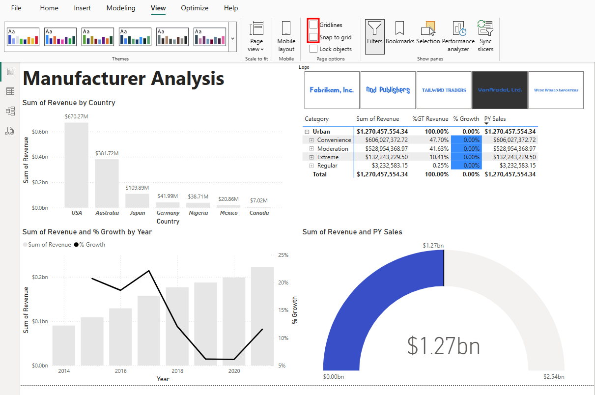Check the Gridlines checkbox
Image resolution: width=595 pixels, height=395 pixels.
click(x=313, y=25)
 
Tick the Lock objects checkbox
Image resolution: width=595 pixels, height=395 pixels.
click(x=313, y=49)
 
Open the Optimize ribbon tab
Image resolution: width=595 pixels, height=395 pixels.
click(x=195, y=8)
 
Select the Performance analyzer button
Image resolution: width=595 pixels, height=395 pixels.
click(x=458, y=36)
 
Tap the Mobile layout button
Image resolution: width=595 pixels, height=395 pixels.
click(x=286, y=36)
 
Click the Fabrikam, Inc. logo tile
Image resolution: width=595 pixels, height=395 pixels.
click(x=332, y=90)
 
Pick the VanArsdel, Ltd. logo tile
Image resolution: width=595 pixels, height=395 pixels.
click(x=500, y=90)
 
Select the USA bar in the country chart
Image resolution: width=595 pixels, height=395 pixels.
click(x=77, y=165)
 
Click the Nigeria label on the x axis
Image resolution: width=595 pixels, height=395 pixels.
click(x=198, y=213)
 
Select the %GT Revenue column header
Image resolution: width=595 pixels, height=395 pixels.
click(x=430, y=119)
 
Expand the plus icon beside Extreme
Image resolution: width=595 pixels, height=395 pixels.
click(x=312, y=157)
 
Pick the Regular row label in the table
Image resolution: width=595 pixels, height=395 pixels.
click(x=327, y=166)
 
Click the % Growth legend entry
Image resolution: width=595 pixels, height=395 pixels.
click(x=89, y=245)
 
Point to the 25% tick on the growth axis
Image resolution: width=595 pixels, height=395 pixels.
click(x=283, y=255)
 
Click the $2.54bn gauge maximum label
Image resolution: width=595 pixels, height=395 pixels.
click(x=554, y=377)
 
